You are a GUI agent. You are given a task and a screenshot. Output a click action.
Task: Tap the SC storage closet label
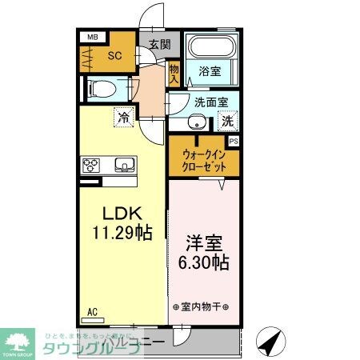point(114,55)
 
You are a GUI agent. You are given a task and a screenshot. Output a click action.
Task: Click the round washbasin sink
point(196,122)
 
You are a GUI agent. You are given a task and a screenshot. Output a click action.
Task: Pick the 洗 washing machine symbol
point(227,122)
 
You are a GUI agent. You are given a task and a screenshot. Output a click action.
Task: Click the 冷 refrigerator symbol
point(123,118)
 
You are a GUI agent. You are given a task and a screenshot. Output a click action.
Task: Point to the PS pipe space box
point(234,141)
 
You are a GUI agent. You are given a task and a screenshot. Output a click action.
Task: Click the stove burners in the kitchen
point(90,166)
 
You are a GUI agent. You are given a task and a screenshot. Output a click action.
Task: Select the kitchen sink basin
point(126,166)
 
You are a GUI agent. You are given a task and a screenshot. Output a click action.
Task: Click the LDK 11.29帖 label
point(121,223)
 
